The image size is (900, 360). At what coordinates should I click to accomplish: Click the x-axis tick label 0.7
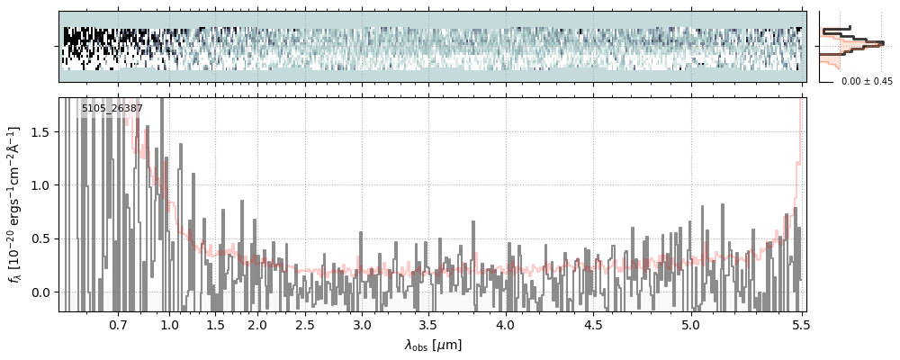tap(118, 324)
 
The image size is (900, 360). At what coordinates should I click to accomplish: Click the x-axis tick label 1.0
tap(170, 324)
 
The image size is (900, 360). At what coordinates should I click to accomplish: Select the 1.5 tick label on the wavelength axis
tap(216, 324)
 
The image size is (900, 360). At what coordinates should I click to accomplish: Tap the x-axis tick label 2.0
tap(257, 324)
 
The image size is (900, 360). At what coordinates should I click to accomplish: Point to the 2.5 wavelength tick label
tap(305, 324)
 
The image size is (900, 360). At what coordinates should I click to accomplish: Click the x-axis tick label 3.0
tap(362, 324)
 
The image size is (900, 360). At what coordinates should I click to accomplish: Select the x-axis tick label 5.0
tap(690, 324)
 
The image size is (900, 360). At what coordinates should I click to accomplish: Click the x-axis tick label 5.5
tap(798, 324)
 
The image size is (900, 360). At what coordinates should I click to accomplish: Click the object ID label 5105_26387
tap(112, 109)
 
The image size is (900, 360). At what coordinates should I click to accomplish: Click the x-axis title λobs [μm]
tap(432, 345)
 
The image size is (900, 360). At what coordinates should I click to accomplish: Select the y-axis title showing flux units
tap(15, 204)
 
